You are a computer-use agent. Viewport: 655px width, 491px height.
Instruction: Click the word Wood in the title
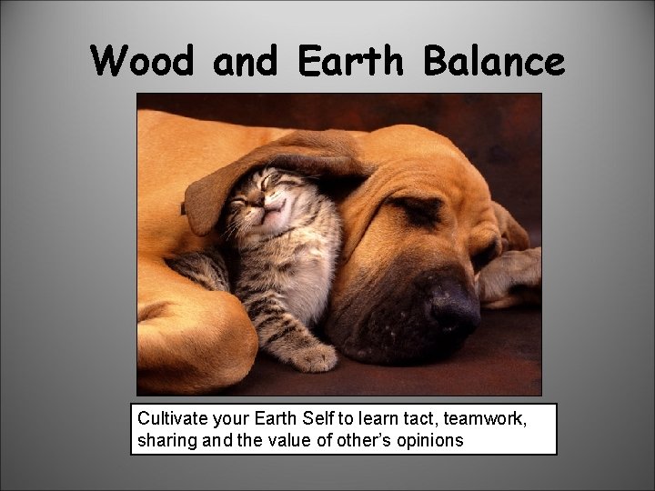click(x=144, y=61)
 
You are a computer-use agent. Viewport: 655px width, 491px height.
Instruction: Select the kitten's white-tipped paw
click(x=315, y=357)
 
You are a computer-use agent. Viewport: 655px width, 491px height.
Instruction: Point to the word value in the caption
click(x=289, y=441)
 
